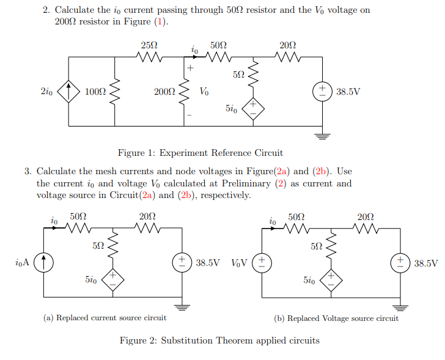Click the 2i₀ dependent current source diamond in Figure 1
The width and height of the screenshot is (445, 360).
(x=68, y=92)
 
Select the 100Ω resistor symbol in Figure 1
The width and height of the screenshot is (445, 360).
(x=111, y=92)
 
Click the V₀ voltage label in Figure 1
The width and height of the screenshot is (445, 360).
(x=204, y=92)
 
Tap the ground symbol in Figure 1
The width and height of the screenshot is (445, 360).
(x=322, y=136)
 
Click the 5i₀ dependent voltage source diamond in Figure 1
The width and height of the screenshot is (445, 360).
(x=253, y=109)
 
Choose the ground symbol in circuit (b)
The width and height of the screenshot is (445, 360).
(x=400, y=307)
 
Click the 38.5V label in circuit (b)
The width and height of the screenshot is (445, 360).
(x=426, y=263)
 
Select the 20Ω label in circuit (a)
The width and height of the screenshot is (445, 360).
(x=147, y=216)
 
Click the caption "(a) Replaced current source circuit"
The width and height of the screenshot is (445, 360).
(x=105, y=318)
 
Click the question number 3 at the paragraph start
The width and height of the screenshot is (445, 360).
(x=28, y=172)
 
